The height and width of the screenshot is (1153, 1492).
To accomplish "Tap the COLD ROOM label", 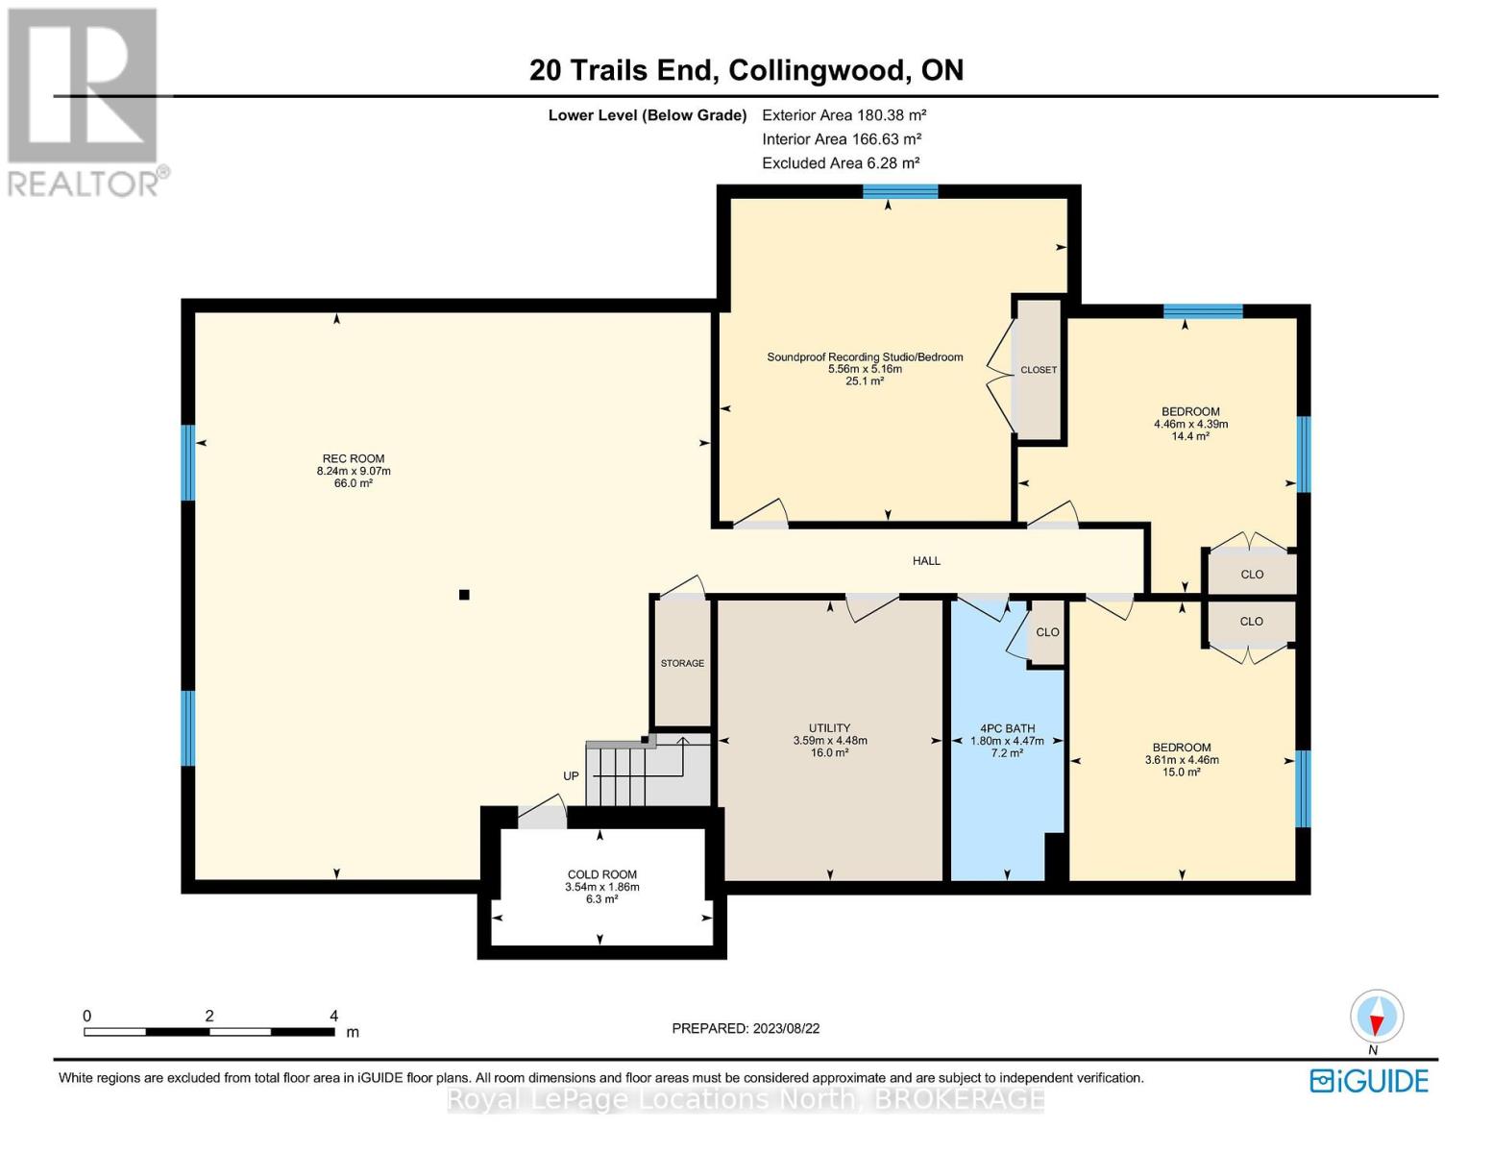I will coord(601,874).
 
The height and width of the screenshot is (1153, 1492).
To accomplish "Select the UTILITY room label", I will coord(829,728).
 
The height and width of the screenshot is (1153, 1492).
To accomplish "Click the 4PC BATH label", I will coord(1007,728).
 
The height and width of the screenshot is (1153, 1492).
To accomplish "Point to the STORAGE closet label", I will coord(682,663).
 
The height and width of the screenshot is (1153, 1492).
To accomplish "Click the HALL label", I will coord(926,560).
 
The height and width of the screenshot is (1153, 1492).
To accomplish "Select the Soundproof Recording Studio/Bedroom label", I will coord(865,357).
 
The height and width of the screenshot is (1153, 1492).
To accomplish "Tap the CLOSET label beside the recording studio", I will coord(1039,370).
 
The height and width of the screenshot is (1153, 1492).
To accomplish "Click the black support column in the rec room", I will coord(464,595).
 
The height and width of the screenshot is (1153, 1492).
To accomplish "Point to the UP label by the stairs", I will coord(571,775).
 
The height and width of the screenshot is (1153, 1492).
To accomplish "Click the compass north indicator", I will coord(1377,1017).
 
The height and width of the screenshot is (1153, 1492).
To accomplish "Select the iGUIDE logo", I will coord(1369,1081).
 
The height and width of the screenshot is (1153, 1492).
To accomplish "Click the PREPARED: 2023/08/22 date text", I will coord(746,1028).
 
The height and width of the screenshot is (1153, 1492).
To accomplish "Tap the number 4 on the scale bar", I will coord(333,1016).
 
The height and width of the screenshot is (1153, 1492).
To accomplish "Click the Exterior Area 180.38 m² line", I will coord(844,115).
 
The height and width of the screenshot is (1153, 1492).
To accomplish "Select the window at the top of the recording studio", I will coord(899,191).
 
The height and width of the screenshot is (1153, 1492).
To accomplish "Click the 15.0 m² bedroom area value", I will coord(1182,773).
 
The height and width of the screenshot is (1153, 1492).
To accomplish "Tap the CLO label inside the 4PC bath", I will coord(1047,632).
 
